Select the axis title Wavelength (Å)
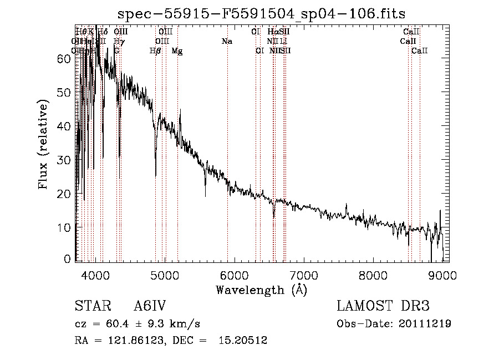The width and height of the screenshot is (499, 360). click(261, 290)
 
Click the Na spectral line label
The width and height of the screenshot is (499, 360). click(226, 42)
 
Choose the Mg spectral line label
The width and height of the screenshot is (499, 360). click(177, 51)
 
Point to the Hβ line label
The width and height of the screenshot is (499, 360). click(155, 51)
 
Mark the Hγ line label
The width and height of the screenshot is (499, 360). click(118, 42)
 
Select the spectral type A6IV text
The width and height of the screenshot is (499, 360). click(150, 306)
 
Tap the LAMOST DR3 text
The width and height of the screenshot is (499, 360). click(383, 306)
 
